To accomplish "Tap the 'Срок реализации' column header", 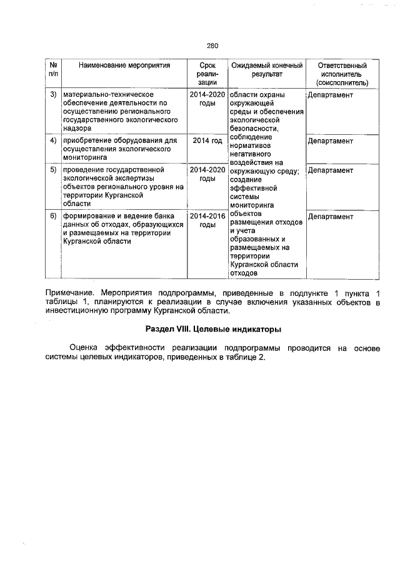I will point(207,73).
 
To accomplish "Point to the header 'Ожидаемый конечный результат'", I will point(267,69).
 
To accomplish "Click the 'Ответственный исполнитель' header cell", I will point(342,73).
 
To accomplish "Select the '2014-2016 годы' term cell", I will point(207,220).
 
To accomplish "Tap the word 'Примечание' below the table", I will point(71,292).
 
